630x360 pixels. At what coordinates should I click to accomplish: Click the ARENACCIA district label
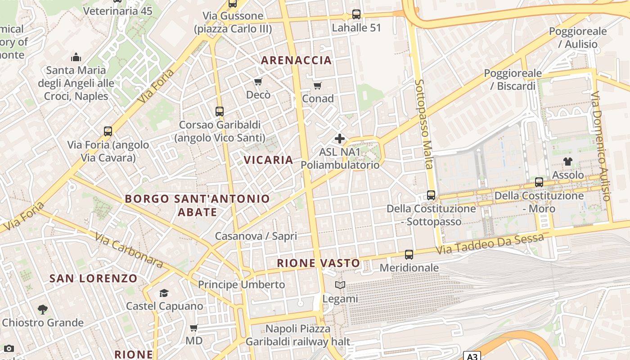tap(296, 60)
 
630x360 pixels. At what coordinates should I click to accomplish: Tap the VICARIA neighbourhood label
tap(268, 160)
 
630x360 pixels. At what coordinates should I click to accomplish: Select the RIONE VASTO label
tap(318, 263)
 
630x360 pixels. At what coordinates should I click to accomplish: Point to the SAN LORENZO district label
tap(93, 279)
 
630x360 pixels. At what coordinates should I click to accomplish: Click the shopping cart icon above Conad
tap(318, 85)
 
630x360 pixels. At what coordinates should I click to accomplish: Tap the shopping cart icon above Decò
tap(258, 81)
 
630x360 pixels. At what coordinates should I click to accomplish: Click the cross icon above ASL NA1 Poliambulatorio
tap(340, 139)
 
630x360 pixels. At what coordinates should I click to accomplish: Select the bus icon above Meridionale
tap(409, 255)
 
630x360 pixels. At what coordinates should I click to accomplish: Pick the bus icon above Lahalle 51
tap(356, 14)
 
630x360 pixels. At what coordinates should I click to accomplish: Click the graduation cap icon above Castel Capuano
tap(164, 293)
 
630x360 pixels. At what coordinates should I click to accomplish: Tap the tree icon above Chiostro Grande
tap(43, 309)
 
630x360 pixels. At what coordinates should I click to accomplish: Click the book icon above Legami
tap(340, 285)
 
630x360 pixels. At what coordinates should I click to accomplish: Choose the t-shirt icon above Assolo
tap(567, 162)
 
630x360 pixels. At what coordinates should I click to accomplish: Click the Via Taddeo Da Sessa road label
tap(492, 243)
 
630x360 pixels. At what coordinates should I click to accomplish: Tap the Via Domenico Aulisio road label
tap(601, 146)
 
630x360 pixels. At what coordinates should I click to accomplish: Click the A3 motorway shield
tap(472, 356)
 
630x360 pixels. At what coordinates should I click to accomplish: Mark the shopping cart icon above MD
tap(194, 328)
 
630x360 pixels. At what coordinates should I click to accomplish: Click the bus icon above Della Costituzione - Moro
tap(539, 182)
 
